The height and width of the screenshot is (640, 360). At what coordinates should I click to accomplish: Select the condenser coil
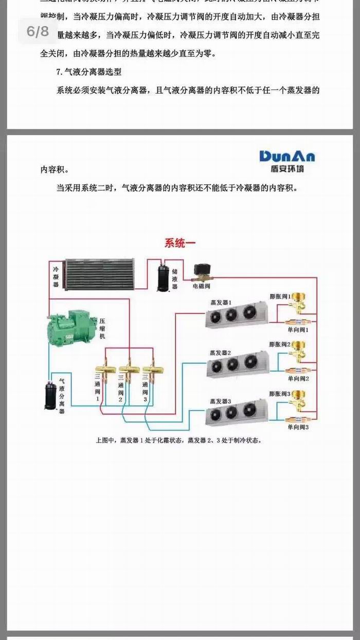pos(99,274)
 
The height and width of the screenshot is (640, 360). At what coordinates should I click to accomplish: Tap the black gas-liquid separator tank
pos(50,395)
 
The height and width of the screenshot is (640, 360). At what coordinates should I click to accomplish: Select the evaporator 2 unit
pos(237,364)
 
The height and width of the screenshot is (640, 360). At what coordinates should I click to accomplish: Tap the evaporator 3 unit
pos(237,413)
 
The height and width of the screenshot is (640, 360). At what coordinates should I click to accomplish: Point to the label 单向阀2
pos(298,378)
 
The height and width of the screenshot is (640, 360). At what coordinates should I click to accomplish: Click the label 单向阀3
pos(298,427)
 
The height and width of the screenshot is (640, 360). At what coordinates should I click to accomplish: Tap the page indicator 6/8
pos(38,32)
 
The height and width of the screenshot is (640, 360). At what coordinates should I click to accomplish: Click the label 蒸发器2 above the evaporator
pos(220,352)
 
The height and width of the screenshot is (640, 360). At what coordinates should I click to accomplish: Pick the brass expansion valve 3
pos(298,400)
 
